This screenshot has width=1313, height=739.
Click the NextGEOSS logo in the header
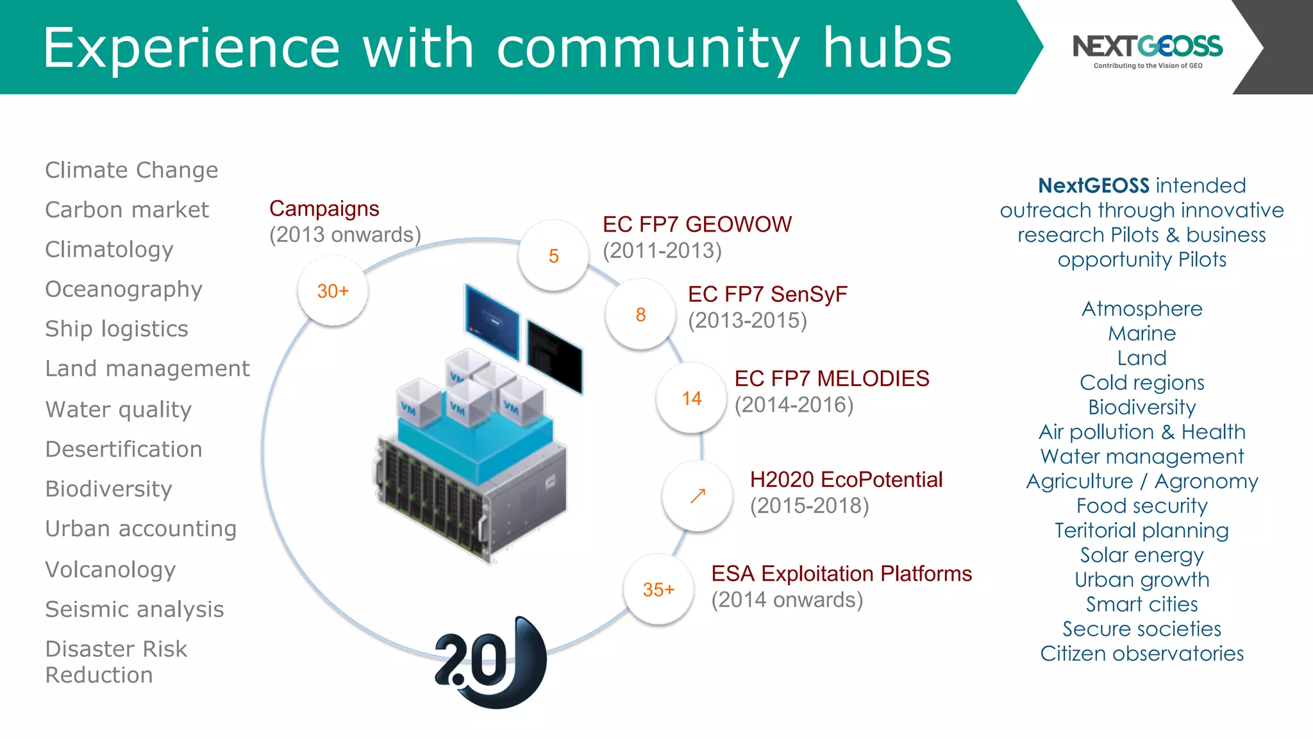(1147, 50)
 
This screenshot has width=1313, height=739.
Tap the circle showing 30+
(333, 291)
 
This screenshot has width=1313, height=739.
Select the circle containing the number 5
(553, 256)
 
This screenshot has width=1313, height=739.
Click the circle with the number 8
(640, 314)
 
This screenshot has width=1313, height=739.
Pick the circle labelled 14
(691, 398)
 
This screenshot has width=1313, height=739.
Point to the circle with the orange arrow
(698, 496)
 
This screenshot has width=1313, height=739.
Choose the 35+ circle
(658, 590)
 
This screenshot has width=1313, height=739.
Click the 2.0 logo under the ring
(490, 663)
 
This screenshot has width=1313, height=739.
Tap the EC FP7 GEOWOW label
(697, 225)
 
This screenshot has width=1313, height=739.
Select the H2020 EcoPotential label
(846, 480)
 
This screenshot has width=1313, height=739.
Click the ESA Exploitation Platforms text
(841, 573)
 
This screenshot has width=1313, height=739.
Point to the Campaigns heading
(324, 208)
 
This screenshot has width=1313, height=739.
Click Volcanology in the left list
(110, 570)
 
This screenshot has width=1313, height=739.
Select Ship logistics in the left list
(117, 329)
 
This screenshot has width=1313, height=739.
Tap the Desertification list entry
(124, 449)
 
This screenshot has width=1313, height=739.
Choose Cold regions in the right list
(1142, 383)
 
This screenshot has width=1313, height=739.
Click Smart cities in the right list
(1142, 604)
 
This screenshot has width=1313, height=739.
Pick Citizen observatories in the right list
(1142, 654)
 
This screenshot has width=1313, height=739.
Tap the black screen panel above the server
(555, 356)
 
